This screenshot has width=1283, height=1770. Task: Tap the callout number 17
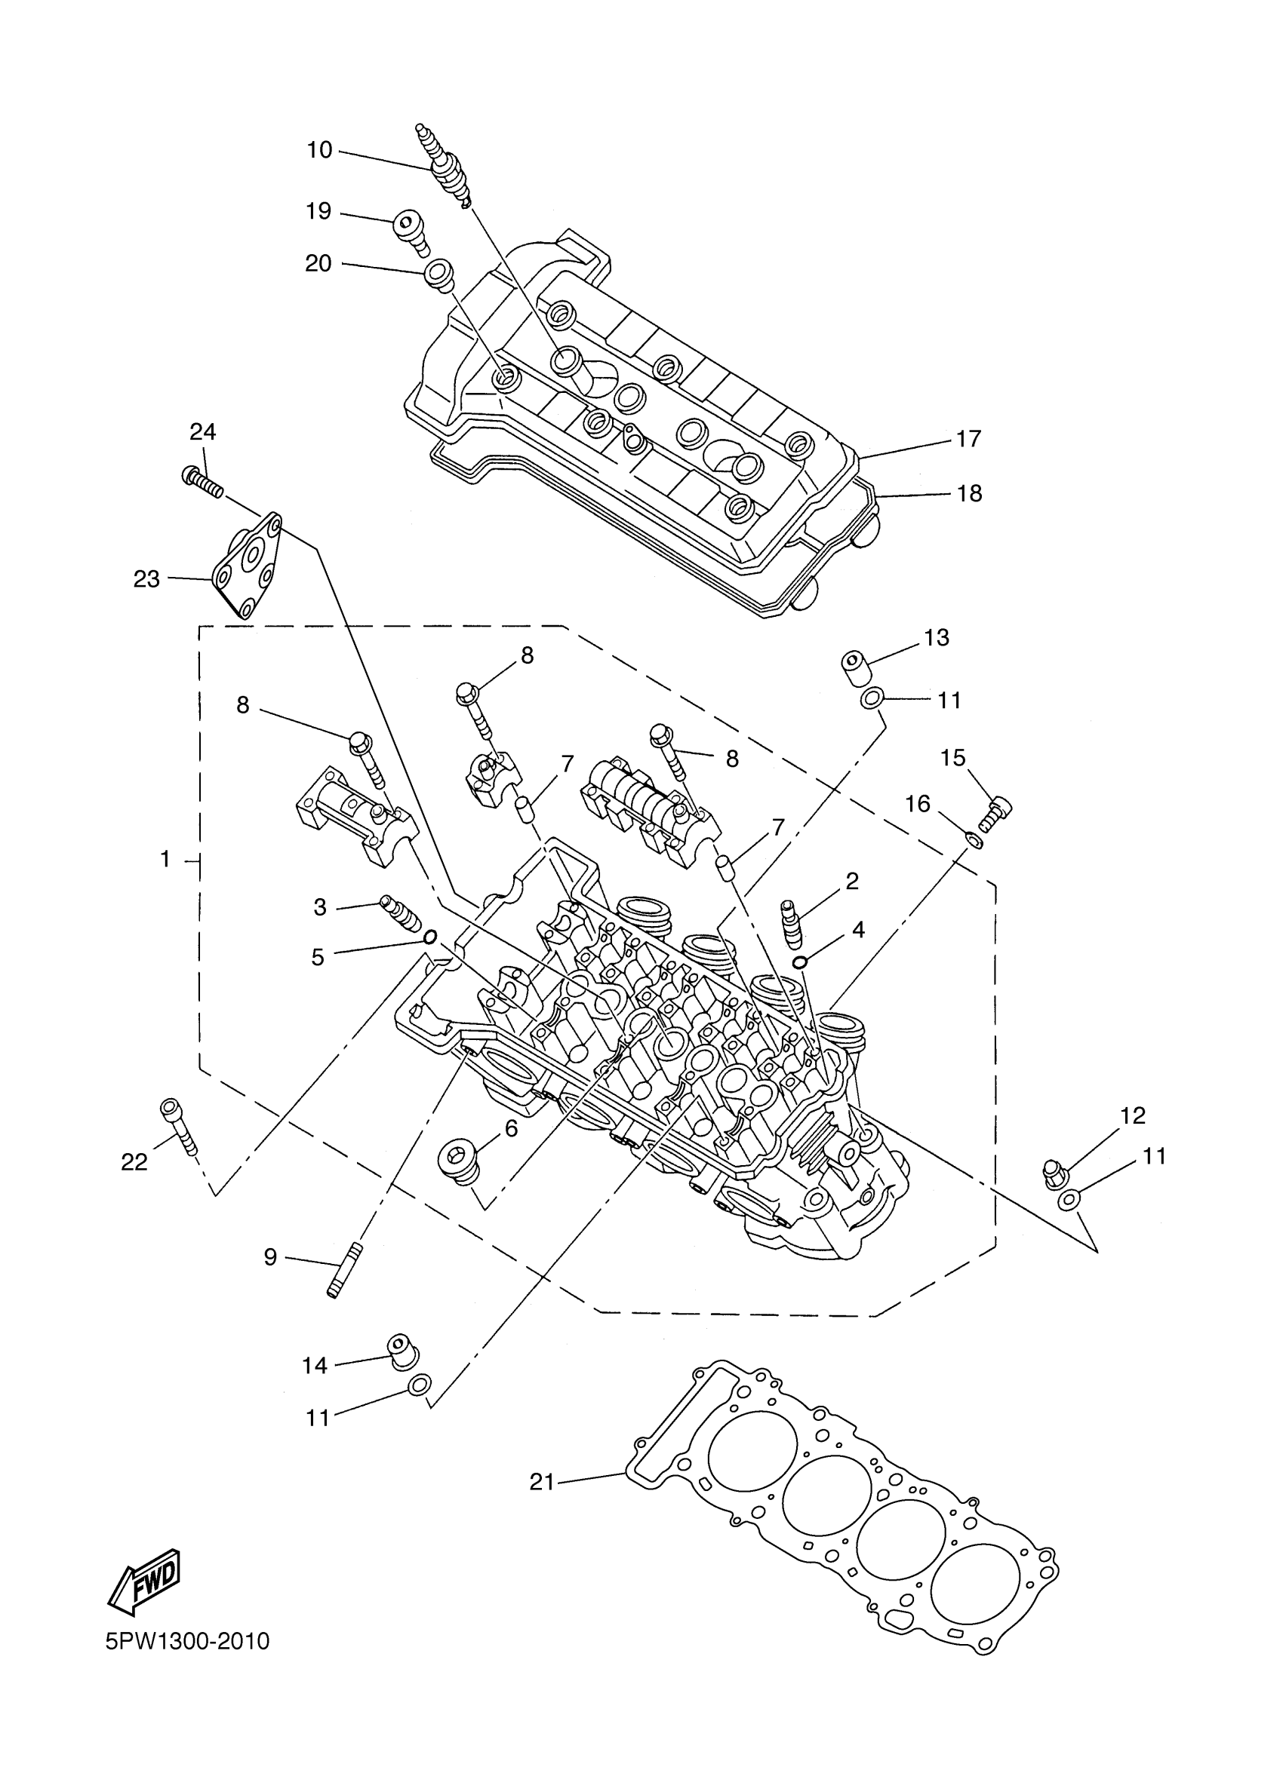(x=968, y=440)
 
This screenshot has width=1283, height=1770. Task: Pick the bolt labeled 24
(x=202, y=480)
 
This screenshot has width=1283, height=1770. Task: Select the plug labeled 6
(x=457, y=1159)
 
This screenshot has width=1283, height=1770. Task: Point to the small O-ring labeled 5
(x=429, y=937)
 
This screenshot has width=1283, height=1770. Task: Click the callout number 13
(x=937, y=637)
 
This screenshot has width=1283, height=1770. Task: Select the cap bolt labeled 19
(x=411, y=232)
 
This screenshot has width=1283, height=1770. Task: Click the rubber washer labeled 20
(x=438, y=275)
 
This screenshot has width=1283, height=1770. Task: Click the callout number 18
(x=969, y=494)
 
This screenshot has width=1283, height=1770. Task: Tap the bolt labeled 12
(x=1055, y=1173)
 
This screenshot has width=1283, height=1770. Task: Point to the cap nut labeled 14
(x=402, y=1351)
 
